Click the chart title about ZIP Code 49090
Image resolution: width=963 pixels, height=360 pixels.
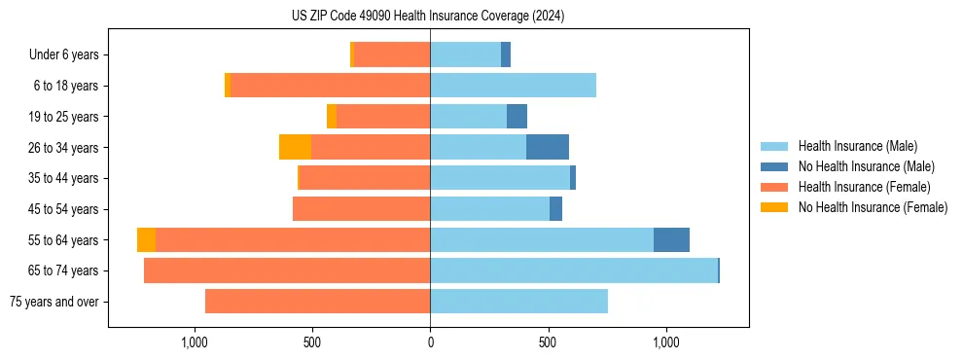click(428, 17)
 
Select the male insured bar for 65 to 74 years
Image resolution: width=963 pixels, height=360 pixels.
click(574, 270)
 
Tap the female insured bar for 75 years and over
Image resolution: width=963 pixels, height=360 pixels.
click(317, 302)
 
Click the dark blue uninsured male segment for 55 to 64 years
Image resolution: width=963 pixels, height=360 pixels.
click(671, 239)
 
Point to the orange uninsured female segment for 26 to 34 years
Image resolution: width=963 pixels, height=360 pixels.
click(295, 147)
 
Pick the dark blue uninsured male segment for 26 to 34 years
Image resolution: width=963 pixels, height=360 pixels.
click(548, 147)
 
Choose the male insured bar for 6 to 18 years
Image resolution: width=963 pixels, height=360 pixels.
click(513, 86)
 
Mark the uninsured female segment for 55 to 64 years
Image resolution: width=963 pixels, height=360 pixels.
click(146, 239)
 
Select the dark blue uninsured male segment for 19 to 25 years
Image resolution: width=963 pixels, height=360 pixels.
click(517, 117)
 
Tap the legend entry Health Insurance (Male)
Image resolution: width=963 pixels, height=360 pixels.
click(857, 146)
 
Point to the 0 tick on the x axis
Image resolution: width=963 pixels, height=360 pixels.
click(430, 342)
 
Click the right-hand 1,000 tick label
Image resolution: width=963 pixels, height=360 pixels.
click(666, 342)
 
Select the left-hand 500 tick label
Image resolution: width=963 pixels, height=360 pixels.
click(312, 342)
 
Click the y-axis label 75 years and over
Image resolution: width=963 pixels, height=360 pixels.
click(53, 302)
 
